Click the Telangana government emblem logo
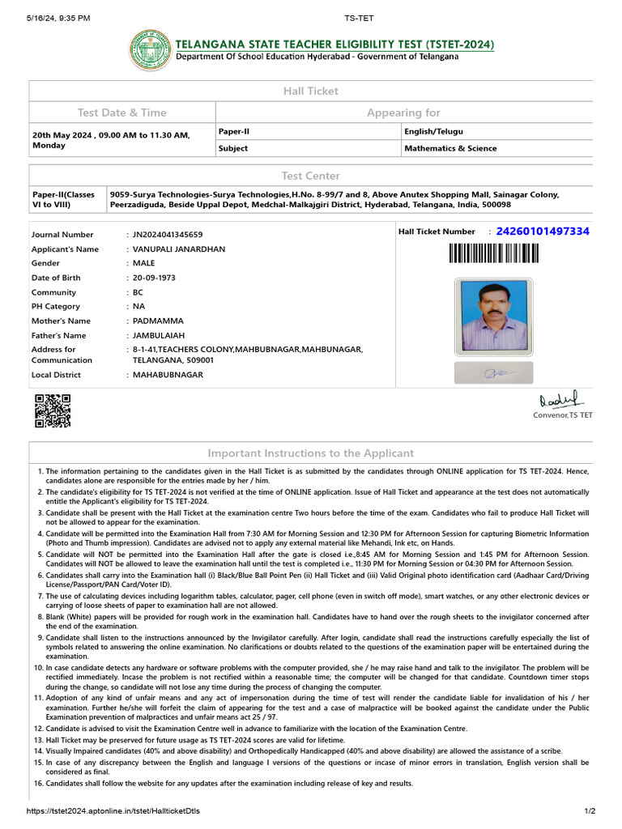point(150,49)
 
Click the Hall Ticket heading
point(310,91)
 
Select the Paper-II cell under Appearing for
point(235,130)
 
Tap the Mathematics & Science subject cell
point(450,148)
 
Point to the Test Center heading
point(310,176)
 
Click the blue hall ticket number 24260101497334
point(542,232)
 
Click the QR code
point(52,410)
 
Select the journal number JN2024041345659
point(173,235)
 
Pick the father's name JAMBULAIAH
point(161,335)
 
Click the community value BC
point(138,292)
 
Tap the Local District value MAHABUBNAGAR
point(168,375)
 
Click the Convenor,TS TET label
point(562,415)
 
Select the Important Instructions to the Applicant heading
point(310,453)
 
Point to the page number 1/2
point(590,811)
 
